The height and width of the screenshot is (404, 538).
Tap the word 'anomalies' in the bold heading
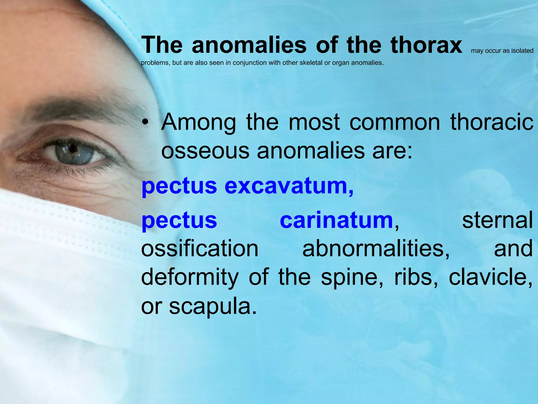[249, 45]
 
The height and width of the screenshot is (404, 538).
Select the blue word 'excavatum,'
[289, 186]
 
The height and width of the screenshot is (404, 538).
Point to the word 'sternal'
[497, 220]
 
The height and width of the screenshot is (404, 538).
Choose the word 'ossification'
[200, 249]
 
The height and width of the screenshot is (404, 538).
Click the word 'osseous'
[205, 151]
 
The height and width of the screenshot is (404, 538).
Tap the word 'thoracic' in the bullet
[492, 122]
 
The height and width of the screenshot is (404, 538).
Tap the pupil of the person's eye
[73, 149]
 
